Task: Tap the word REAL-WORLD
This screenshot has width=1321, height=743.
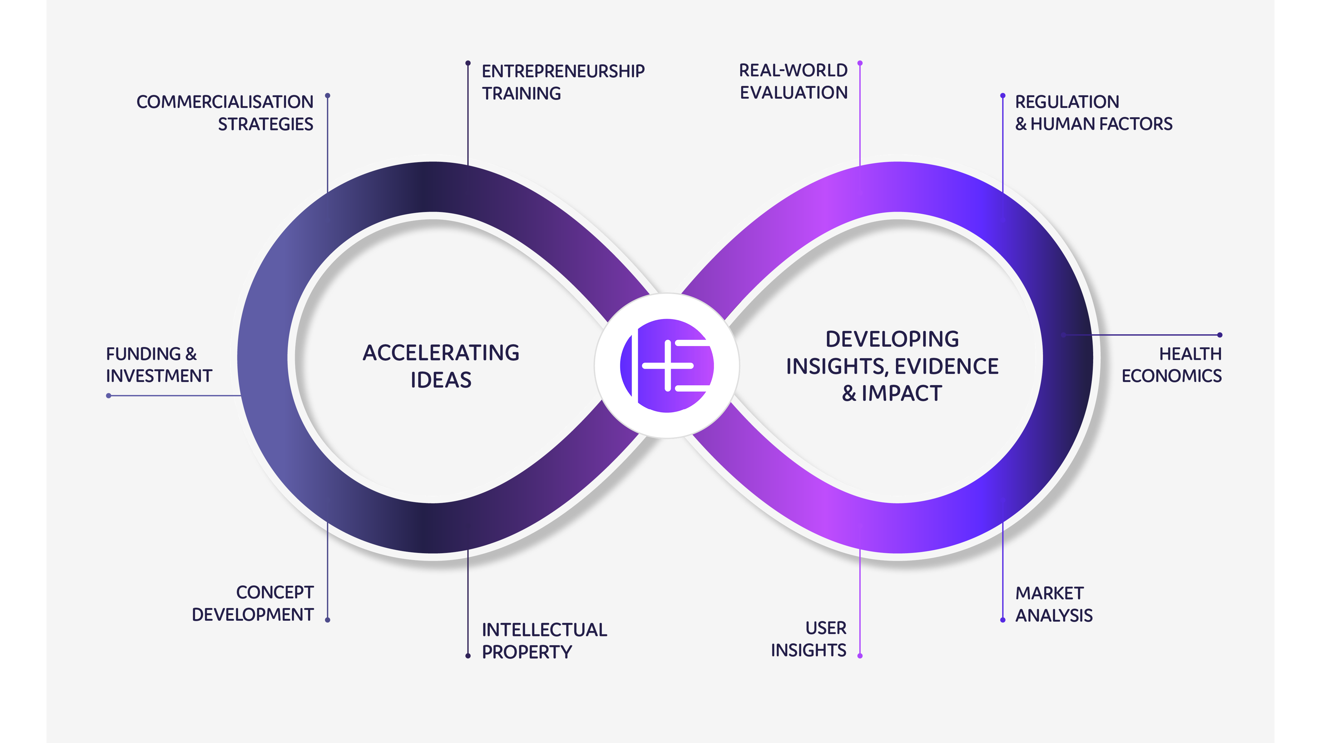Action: click(x=793, y=70)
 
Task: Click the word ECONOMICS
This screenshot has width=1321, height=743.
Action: click(x=1171, y=376)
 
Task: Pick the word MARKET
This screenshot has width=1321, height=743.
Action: click(x=1049, y=593)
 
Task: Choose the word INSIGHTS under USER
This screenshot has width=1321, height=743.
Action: click(x=808, y=650)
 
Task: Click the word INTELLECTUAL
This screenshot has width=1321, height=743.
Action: click(x=544, y=630)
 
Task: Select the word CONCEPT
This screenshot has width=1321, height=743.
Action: click(x=275, y=592)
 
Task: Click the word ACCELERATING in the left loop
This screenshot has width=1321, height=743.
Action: click(x=441, y=353)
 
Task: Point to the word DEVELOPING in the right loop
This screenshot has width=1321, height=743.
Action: click(x=892, y=339)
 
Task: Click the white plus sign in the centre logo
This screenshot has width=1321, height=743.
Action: click(x=668, y=366)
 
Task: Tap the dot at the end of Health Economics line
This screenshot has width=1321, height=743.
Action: click(x=1220, y=335)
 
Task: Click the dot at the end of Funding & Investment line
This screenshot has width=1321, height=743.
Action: click(x=109, y=395)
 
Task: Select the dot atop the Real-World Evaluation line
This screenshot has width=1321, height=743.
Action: click(x=860, y=63)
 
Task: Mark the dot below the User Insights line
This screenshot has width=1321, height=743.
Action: click(x=860, y=656)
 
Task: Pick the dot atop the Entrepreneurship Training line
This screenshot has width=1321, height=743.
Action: click(x=468, y=63)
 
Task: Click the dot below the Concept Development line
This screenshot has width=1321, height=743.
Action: click(x=328, y=620)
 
